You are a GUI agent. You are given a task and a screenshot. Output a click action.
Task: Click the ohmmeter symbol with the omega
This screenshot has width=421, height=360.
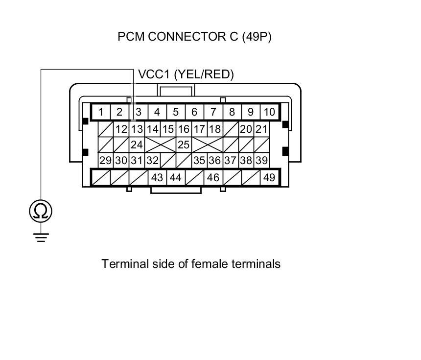(41, 211)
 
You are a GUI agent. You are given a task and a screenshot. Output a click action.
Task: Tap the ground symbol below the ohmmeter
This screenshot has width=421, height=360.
(41, 238)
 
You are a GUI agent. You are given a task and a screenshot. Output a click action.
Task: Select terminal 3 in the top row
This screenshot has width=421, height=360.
(139, 112)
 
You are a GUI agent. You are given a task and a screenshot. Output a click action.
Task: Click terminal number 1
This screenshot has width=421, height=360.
(101, 112)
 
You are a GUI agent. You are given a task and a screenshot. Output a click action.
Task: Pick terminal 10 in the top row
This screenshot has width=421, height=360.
(269, 112)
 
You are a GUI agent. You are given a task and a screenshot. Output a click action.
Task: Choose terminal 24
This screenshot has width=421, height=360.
(137, 145)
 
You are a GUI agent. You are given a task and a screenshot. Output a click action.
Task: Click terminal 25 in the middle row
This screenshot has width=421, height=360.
(184, 145)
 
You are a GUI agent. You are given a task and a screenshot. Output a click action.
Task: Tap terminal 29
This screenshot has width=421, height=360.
(105, 161)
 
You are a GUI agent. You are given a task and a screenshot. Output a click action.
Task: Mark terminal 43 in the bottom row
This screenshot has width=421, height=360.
(157, 177)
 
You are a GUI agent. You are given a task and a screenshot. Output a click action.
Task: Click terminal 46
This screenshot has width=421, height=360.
(213, 177)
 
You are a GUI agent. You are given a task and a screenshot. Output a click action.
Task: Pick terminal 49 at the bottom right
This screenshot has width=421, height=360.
(269, 177)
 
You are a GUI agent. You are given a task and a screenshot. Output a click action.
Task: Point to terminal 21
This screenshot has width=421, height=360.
(261, 129)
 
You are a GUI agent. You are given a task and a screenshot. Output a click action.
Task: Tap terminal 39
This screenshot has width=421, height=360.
(261, 161)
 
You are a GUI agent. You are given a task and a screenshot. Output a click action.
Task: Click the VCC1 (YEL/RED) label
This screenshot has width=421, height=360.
(186, 74)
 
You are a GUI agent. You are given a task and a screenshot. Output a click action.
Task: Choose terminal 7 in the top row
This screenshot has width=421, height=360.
(213, 112)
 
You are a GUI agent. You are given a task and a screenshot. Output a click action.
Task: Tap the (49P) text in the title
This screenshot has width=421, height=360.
(257, 37)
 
